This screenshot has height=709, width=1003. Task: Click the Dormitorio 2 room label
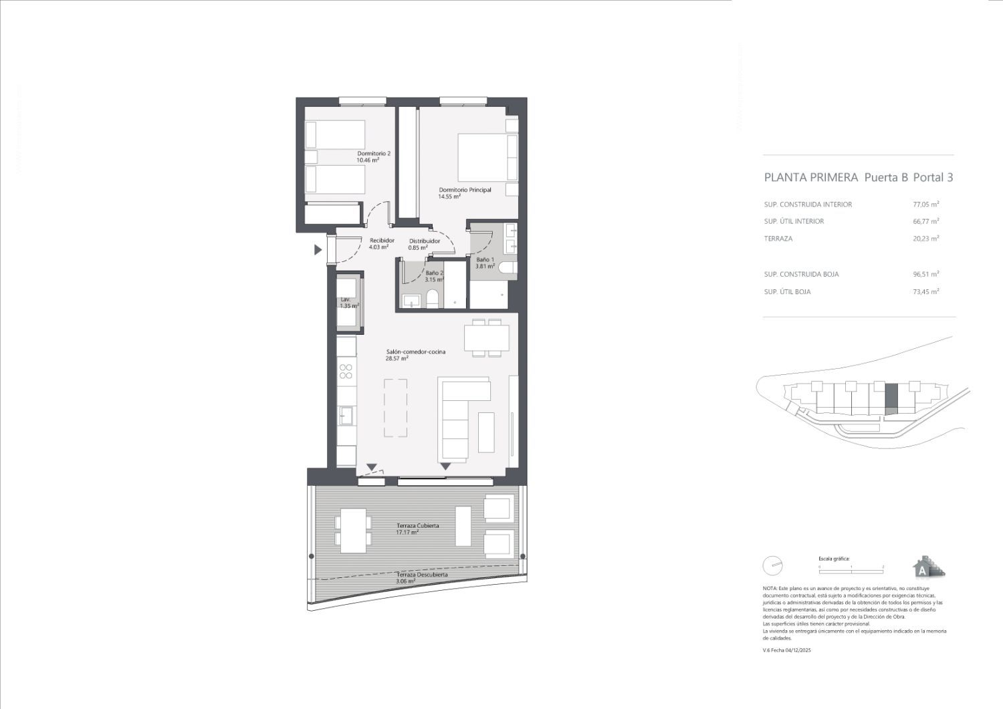coord(373,154)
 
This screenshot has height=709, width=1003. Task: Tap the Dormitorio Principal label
coord(465,190)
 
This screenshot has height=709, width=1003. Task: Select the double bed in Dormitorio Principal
coord(487,157)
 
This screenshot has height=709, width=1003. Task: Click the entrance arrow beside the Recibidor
coord(318,250)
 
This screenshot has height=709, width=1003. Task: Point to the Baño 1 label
coord(485,259)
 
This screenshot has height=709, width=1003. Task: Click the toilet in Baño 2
coord(431,298)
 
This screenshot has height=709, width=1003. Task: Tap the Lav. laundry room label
coord(346,299)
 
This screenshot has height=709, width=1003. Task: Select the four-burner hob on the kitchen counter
coord(346,372)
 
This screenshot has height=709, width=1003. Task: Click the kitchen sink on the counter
coord(346,416)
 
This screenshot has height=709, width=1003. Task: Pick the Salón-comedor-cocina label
coord(415,351)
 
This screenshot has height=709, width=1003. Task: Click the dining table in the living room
coord(487,338)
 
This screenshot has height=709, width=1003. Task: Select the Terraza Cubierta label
coord(417,526)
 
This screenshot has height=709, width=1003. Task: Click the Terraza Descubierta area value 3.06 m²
coord(405,582)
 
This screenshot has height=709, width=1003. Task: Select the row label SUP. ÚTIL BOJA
coord(787,292)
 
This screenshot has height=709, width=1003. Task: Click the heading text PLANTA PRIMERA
coord(810,177)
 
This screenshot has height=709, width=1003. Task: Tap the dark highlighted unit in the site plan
coord(891,399)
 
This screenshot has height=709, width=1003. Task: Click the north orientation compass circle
coord(772,565)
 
